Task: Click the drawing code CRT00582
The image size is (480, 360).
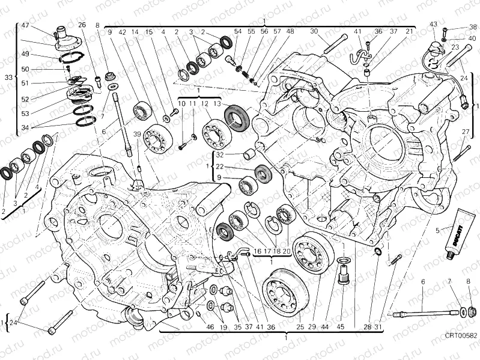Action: (461, 352)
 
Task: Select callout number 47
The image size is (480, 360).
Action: (25, 25)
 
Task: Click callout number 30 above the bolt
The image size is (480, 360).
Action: (314, 31)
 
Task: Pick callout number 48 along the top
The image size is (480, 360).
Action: (290, 31)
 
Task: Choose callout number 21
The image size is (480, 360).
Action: (409, 31)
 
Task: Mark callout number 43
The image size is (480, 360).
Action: (434, 24)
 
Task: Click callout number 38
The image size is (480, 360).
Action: (473, 27)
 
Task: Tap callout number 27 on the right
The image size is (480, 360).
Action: (466, 132)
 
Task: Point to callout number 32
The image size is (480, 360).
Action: (220, 155)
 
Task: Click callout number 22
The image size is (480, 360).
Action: (220, 166)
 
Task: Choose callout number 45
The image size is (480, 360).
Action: (341, 327)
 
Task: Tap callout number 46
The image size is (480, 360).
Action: (210, 327)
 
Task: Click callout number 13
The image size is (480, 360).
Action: (217, 104)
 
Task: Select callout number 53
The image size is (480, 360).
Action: (25, 113)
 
